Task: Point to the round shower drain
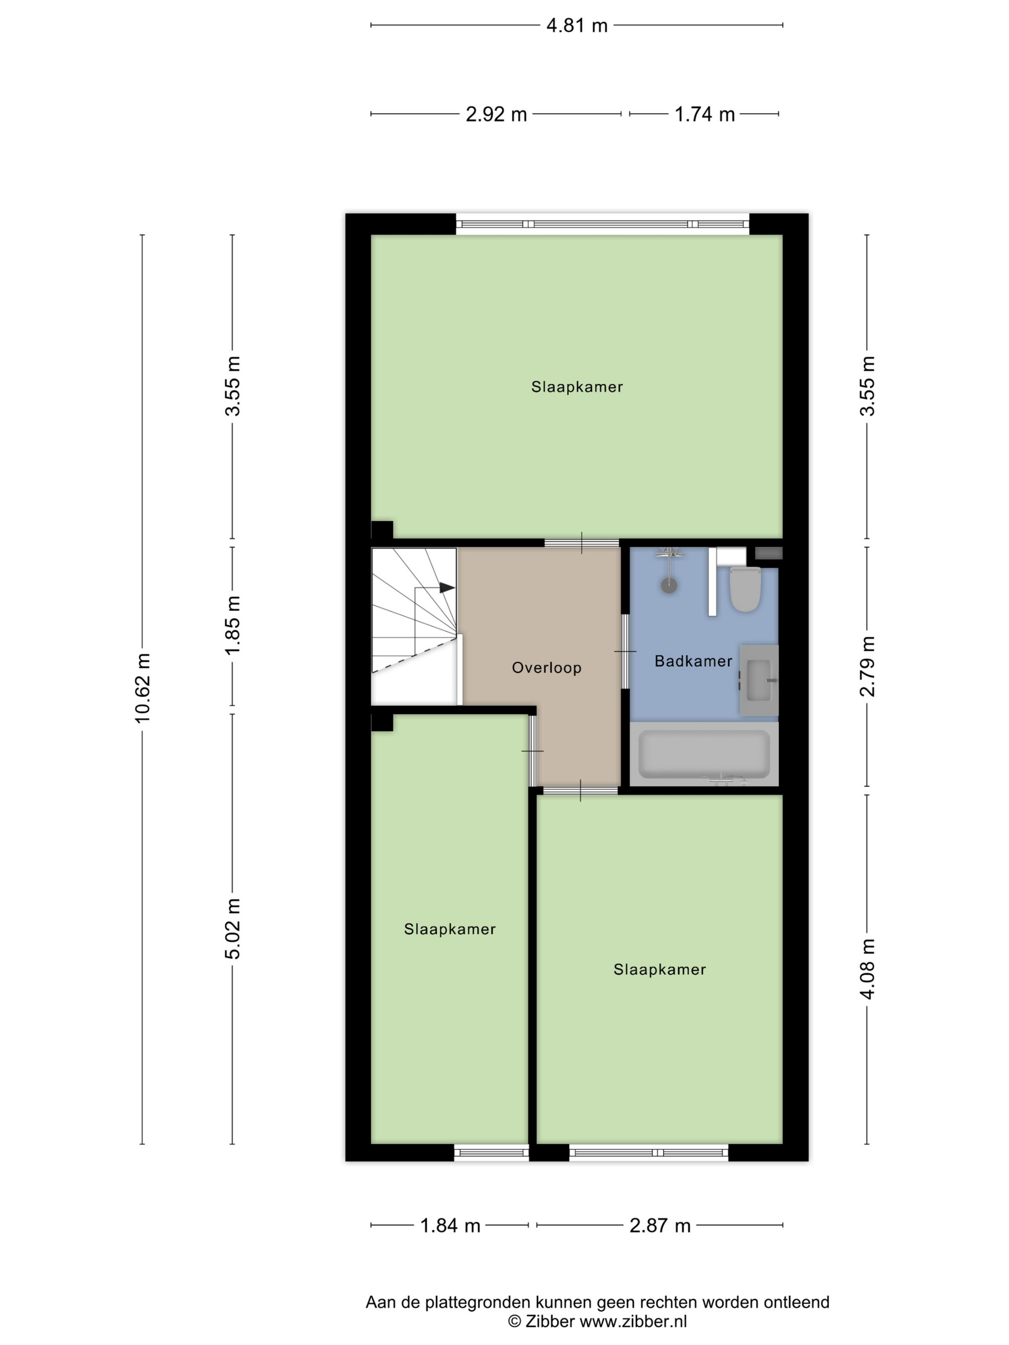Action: (669, 585)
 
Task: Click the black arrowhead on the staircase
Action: (447, 587)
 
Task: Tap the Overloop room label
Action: (546, 668)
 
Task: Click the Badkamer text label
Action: (693, 661)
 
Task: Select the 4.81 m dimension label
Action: (577, 25)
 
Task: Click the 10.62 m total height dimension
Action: (142, 688)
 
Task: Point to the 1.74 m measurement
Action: (704, 114)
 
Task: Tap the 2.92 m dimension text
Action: (496, 114)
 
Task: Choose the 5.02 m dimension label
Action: (233, 929)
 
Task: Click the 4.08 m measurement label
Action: (867, 968)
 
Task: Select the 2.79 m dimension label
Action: (867, 666)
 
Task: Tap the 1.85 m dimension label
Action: (233, 625)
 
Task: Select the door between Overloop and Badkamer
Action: (625, 651)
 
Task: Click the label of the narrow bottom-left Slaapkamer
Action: (449, 929)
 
